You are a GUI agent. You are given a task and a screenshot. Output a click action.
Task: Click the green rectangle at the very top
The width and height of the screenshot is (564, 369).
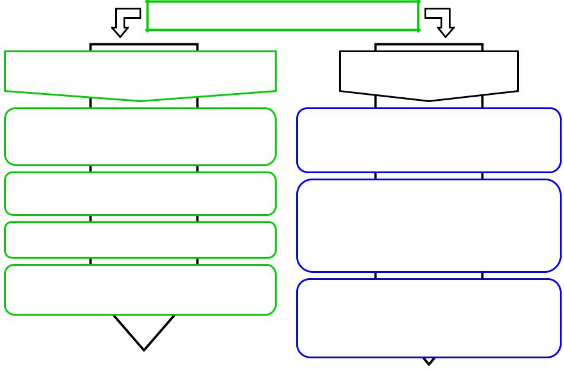coord(283,16)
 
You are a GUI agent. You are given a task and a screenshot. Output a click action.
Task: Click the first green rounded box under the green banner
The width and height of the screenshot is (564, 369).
coord(140,136)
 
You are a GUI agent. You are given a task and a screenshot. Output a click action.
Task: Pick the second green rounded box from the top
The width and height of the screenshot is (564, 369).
coord(140,193)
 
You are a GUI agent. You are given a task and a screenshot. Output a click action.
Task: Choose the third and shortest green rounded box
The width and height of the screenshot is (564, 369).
coord(140,240)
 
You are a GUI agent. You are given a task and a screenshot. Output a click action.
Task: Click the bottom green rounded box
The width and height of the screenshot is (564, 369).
coord(140,290)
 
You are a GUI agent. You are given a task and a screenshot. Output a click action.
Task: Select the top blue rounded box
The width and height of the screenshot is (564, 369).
coord(429,140)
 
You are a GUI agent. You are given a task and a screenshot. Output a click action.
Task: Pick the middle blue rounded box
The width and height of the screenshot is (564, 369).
coord(429,225)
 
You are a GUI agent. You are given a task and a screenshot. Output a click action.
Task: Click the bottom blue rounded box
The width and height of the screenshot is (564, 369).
coord(429,318)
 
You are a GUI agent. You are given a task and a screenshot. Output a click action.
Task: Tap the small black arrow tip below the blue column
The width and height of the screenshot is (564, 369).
coord(429,361)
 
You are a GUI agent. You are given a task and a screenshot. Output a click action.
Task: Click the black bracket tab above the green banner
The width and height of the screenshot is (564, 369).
coord(144,46)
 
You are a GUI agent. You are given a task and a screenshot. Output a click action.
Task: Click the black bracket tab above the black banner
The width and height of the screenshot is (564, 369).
coord(429,46)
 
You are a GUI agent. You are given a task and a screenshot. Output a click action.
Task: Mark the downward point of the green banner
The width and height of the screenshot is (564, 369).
coord(141,100)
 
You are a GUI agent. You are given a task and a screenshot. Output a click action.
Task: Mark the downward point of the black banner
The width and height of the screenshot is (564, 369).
coord(429,100)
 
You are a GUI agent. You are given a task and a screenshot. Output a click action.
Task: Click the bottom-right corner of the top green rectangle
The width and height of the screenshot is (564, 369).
coord(419,30)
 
